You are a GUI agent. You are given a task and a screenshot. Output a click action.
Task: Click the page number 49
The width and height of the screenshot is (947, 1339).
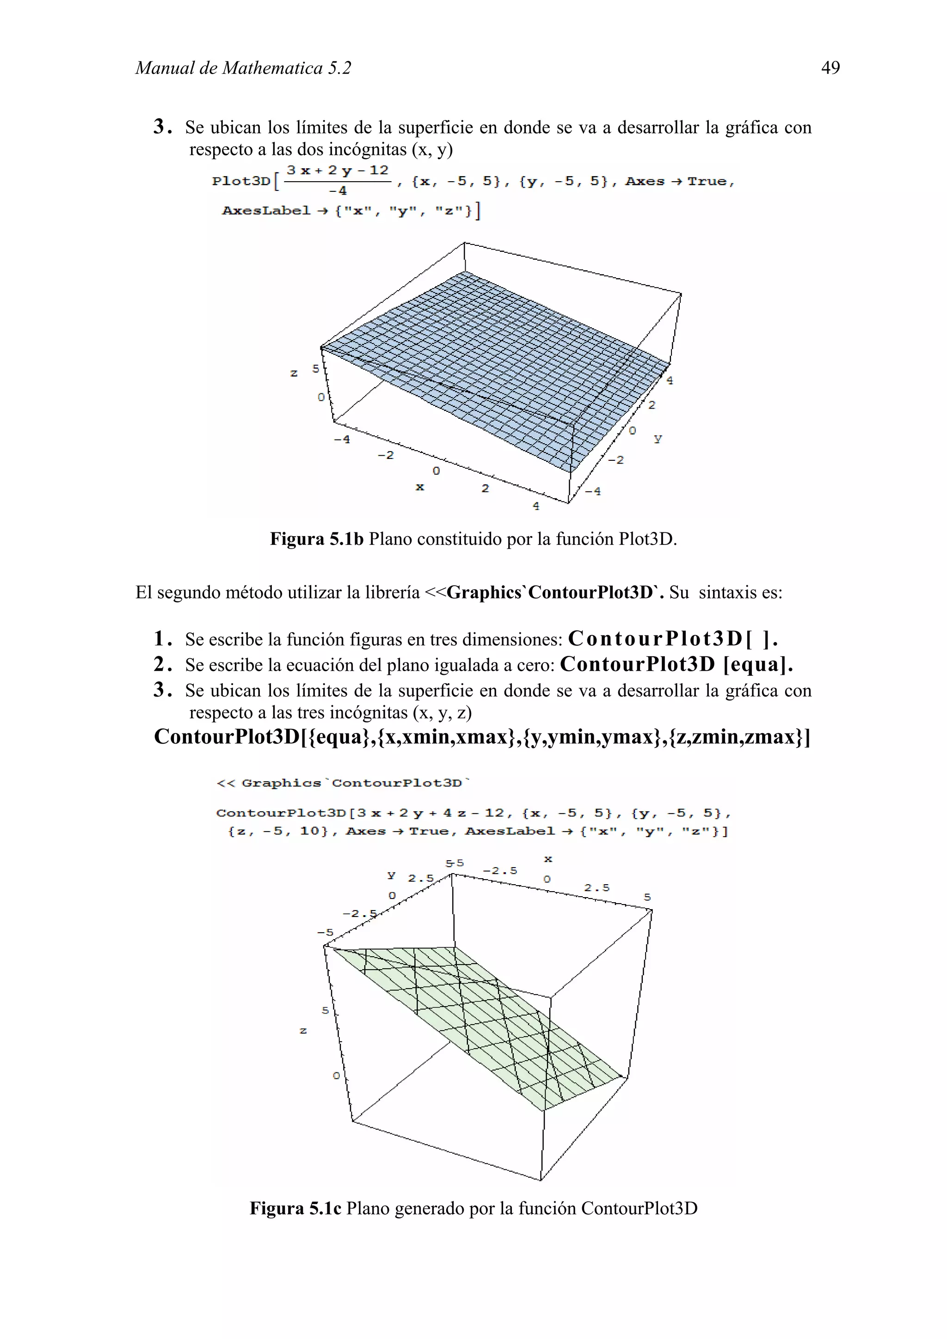(830, 68)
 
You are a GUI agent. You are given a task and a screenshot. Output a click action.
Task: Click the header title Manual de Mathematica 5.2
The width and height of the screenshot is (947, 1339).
(243, 68)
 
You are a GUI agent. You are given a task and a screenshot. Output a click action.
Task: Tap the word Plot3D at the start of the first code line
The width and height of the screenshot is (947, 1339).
(241, 181)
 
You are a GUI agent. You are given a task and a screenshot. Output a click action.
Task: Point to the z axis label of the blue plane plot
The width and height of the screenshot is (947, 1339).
(294, 373)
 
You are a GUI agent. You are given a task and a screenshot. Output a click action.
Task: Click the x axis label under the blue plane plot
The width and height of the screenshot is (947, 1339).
(419, 487)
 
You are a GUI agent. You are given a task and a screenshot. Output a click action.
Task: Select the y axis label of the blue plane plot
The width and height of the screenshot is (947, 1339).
(658, 438)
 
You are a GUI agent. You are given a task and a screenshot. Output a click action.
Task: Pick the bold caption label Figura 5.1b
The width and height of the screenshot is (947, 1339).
(316, 539)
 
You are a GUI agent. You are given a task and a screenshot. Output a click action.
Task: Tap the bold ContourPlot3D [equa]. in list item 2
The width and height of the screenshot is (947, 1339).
(676, 664)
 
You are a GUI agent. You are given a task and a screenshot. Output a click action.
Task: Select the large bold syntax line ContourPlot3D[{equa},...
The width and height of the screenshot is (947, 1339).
(481, 737)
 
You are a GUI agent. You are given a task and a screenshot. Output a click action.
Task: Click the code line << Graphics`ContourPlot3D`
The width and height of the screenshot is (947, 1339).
(343, 783)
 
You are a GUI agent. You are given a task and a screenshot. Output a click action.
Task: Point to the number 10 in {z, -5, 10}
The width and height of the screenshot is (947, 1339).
(310, 831)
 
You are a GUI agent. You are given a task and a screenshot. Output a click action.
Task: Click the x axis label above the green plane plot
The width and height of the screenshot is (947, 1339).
(548, 859)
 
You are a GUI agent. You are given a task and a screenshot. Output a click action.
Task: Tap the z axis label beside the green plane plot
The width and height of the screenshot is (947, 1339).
(303, 1031)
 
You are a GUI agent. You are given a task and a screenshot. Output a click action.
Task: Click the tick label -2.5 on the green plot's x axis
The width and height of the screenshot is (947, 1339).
(500, 871)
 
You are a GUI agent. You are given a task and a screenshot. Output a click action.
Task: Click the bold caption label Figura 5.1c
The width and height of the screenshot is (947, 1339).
(295, 1208)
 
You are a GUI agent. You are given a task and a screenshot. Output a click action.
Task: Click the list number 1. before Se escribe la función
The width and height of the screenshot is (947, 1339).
(163, 639)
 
